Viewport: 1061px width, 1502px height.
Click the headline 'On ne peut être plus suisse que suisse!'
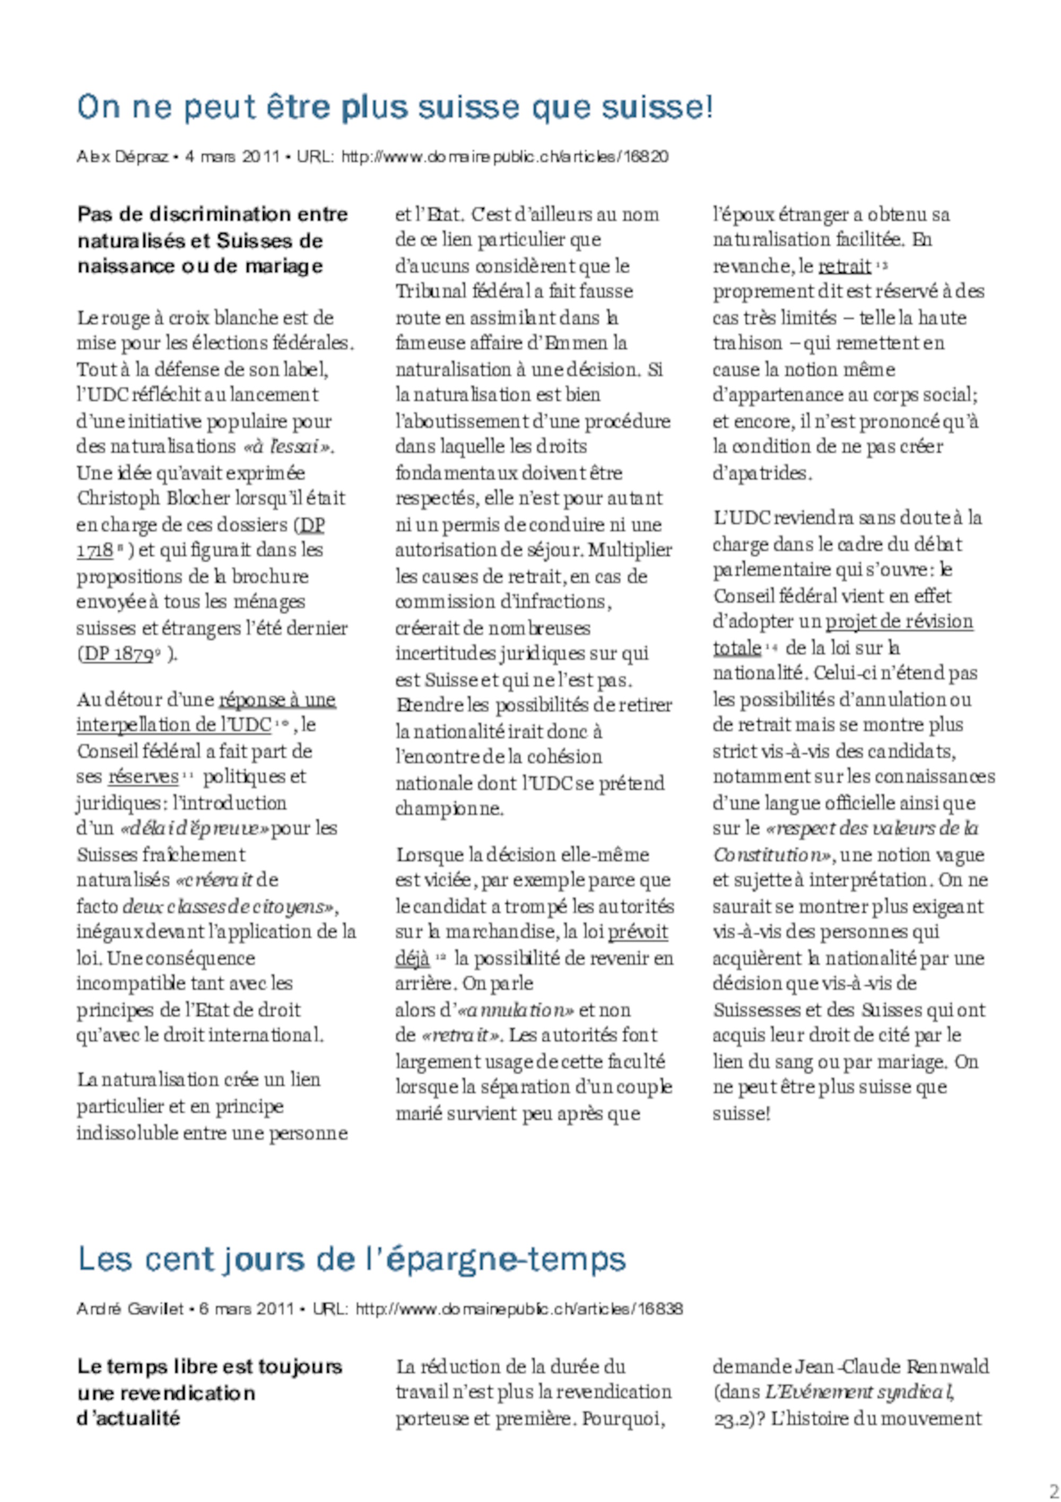click(x=394, y=108)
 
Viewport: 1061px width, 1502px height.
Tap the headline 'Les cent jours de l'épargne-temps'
click(x=352, y=1258)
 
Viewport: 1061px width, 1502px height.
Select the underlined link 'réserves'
click(x=143, y=777)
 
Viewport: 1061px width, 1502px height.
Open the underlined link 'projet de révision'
click(x=899, y=621)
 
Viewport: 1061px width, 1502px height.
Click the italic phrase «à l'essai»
click(x=288, y=447)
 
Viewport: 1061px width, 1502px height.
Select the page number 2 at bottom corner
click(x=1054, y=1491)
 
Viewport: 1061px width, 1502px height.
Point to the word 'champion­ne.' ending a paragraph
click(x=449, y=809)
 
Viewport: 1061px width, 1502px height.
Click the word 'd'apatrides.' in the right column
click(x=762, y=473)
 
